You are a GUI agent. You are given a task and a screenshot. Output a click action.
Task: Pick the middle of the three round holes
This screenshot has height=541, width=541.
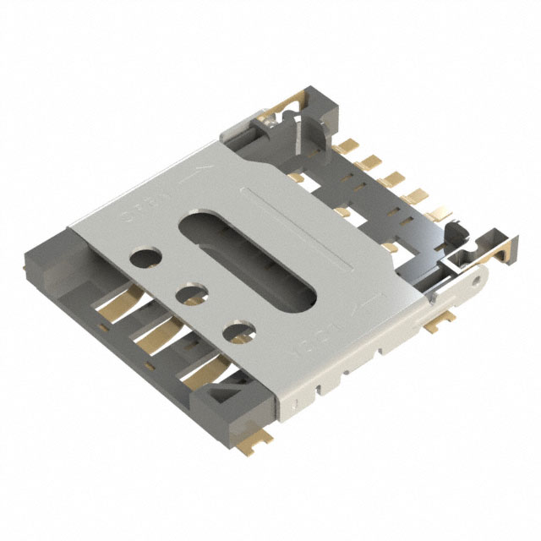[x=193, y=295]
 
